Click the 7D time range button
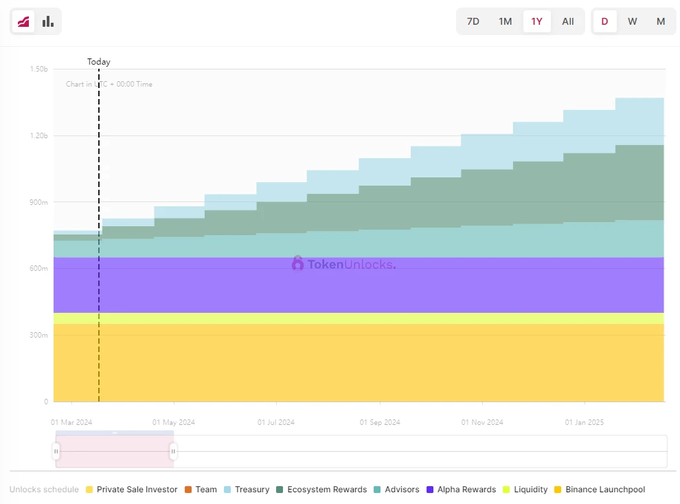coord(473,21)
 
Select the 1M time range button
coord(505,21)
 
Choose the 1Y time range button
coord(536,21)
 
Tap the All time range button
coord(568,21)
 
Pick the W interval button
coord(633,21)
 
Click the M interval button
coord(661,21)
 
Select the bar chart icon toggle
coord(47,21)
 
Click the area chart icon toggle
coord(23,21)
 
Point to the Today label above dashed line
coord(98,62)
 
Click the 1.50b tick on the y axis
coord(39,69)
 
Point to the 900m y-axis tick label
coord(39,202)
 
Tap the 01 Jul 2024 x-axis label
coord(276,422)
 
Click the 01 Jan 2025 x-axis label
coord(585,422)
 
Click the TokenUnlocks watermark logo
coord(343,263)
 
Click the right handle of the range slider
coord(173,451)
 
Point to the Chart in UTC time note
coord(109,84)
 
